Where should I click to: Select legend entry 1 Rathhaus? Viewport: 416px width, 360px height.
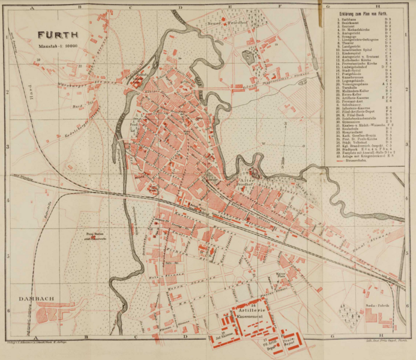coord(348,20)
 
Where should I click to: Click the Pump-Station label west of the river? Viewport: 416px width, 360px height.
coord(92,236)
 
